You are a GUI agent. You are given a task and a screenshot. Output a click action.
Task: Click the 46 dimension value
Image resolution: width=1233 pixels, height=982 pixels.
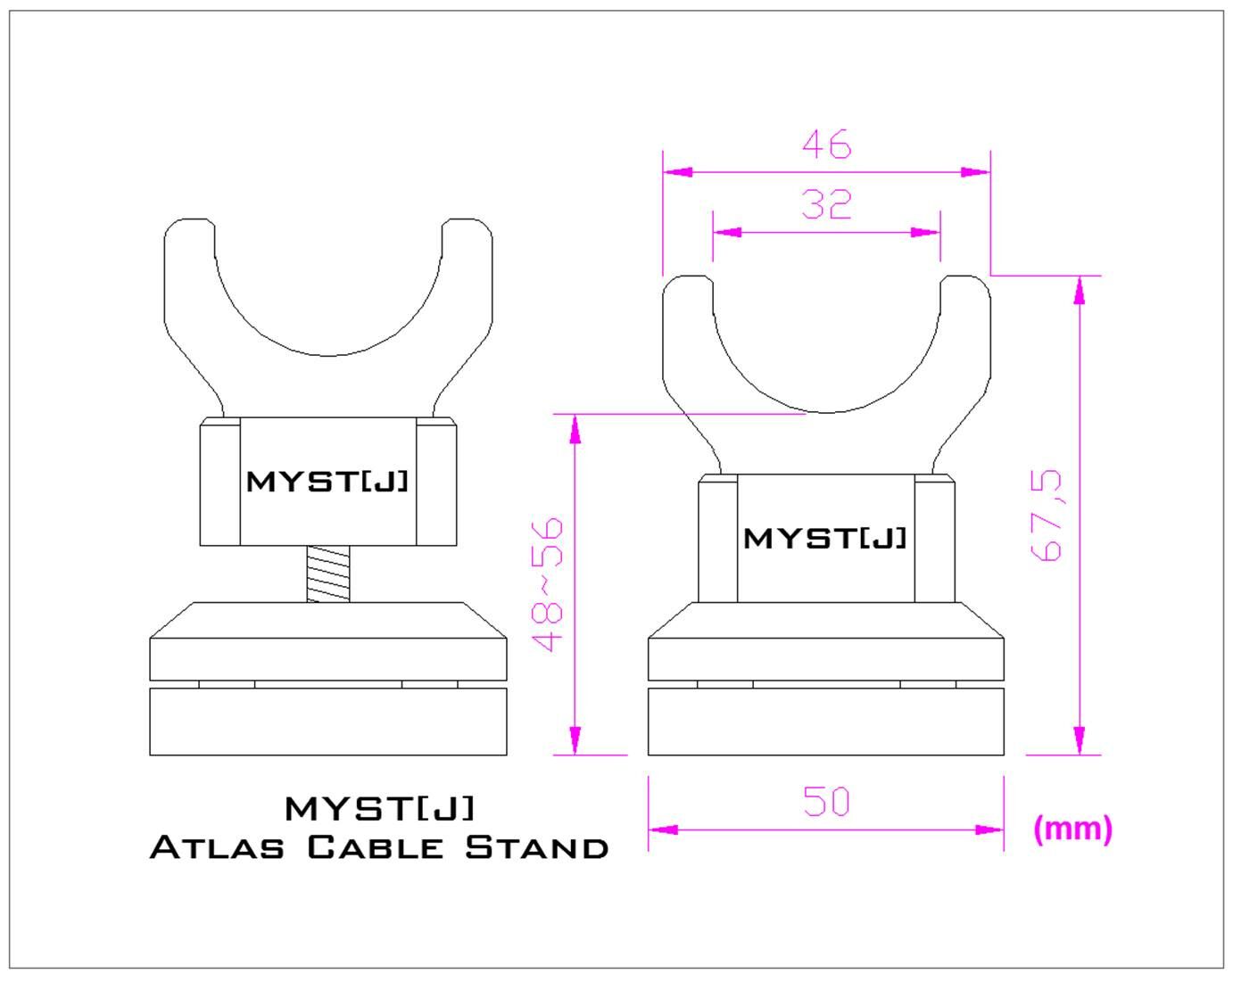pos(826,144)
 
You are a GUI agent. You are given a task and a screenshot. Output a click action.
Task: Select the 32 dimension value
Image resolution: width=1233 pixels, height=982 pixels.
pos(826,205)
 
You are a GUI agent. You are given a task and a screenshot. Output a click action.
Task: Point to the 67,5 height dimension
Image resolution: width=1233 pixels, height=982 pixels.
pos(1048,515)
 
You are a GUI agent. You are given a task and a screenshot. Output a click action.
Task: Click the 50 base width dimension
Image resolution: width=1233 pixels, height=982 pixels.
pos(826,801)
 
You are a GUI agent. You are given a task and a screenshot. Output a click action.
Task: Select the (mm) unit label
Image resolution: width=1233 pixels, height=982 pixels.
pos(1072,829)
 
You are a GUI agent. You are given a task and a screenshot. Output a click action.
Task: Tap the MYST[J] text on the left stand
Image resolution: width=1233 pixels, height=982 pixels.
pos(327,482)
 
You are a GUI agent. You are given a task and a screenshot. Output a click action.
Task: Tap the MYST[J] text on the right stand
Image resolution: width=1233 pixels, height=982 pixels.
pos(825,539)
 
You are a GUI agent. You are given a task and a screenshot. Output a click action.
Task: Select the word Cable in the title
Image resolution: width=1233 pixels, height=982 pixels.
pos(375,846)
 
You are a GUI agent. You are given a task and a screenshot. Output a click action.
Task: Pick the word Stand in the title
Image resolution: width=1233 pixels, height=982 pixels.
pos(537,846)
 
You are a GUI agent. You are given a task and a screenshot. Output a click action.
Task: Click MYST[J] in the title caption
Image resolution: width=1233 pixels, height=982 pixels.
pos(380,808)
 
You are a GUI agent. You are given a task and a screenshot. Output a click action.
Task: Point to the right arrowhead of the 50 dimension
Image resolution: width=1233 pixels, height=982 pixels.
pos(990,829)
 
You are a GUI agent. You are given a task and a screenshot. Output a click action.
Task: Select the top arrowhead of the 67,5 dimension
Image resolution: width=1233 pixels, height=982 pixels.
pos(1080,289)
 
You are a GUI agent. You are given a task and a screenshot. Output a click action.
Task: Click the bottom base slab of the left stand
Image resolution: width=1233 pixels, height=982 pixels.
pos(327,722)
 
